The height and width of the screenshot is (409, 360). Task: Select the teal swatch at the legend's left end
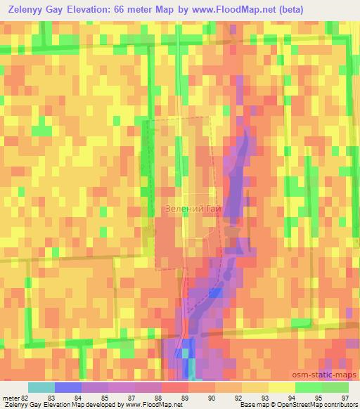pos(41,387)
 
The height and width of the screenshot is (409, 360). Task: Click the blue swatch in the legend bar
pos(67,387)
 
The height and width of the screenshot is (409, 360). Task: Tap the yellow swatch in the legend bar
pos(281,387)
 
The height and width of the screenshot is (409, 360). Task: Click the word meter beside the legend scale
pos(10,397)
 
